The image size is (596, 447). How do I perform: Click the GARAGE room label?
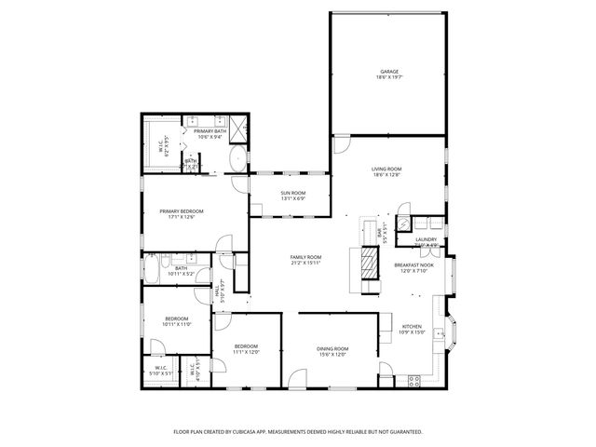pyautogui.click(x=388, y=71)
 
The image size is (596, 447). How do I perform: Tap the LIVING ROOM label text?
pyautogui.click(x=386, y=169)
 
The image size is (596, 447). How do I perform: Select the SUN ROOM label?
pyautogui.click(x=292, y=193)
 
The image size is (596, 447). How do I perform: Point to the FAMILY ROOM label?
pyautogui.click(x=305, y=257)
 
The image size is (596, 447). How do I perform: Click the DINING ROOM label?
pyautogui.click(x=332, y=348)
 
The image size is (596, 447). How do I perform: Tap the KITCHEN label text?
pyautogui.click(x=412, y=326)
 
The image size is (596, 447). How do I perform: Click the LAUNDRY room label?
pyautogui.click(x=426, y=239)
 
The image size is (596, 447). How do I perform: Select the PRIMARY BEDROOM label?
pyautogui.click(x=181, y=211)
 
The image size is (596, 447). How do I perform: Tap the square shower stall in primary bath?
pyautogui.click(x=238, y=126)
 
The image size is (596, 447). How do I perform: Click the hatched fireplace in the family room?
pyautogui.click(x=370, y=264)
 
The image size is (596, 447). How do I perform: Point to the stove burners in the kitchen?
pyautogui.click(x=413, y=380)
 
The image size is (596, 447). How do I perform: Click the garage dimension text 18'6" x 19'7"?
pyautogui.click(x=388, y=77)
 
